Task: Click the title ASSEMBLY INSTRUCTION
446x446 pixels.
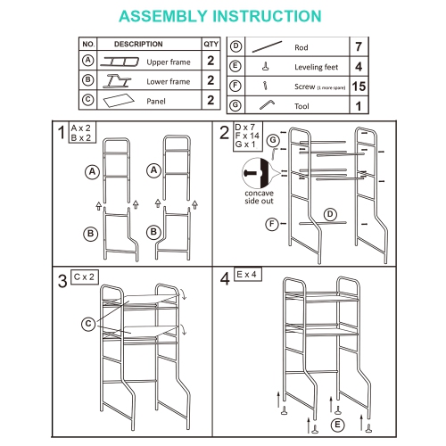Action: pyautogui.click(x=220, y=16)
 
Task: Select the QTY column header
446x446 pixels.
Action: pyautogui.click(x=211, y=44)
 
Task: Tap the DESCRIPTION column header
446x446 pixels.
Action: pyautogui.click(x=138, y=44)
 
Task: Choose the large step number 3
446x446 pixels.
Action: pyautogui.click(x=62, y=282)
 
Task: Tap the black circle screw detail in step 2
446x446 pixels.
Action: pyautogui.click(x=254, y=169)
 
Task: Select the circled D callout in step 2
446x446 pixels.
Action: pyautogui.click(x=330, y=214)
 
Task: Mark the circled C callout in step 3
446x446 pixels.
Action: pyautogui.click(x=87, y=323)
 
